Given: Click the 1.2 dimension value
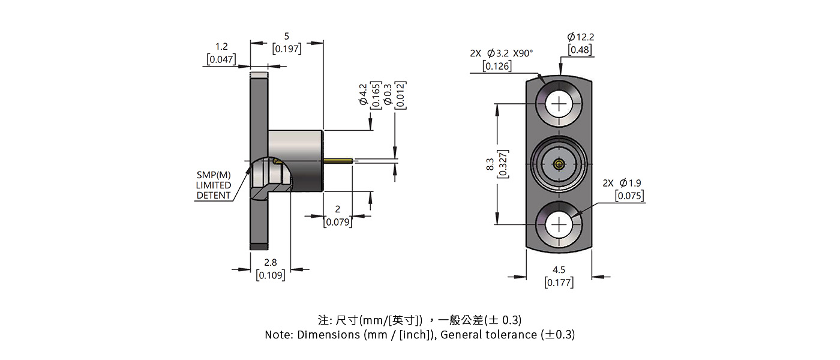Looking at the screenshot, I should pyautogui.click(x=221, y=46).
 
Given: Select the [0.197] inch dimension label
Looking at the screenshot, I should pyautogui.click(x=287, y=49).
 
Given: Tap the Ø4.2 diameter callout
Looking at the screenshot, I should pyautogui.click(x=363, y=95).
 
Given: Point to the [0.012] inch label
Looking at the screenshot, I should pyautogui.click(x=400, y=95).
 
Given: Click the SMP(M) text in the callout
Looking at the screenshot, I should pyautogui.click(x=214, y=175).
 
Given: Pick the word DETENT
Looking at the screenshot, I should pyautogui.click(x=214, y=195).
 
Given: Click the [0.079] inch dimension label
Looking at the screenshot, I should pyautogui.click(x=337, y=222).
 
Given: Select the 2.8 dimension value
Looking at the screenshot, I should pyautogui.click(x=271, y=263).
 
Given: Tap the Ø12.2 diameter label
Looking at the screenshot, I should pyautogui.click(x=580, y=37).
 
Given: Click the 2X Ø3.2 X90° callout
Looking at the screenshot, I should pyautogui.click(x=502, y=53).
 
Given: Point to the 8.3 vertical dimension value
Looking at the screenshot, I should pyautogui.click(x=490, y=163).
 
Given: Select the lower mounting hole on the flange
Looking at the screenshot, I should pyautogui.click(x=559, y=225).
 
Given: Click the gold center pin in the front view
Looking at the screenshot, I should pyautogui.click(x=559, y=163).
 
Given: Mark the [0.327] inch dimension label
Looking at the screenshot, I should pyautogui.click(x=504, y=163).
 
